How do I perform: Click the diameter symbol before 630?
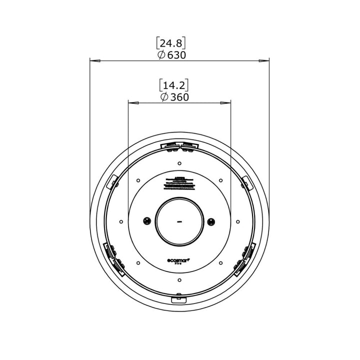click(x=161, y=55)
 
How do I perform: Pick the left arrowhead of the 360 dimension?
click(x=133, y=103)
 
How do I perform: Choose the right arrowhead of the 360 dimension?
click(x=226, y=103)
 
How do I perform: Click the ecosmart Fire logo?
click(x=179, y=261)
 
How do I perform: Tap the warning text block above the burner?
click(x=179, y=182)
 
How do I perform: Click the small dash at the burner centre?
click(x=179, y=221)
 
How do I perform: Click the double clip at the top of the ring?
click(x=179, y=146)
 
